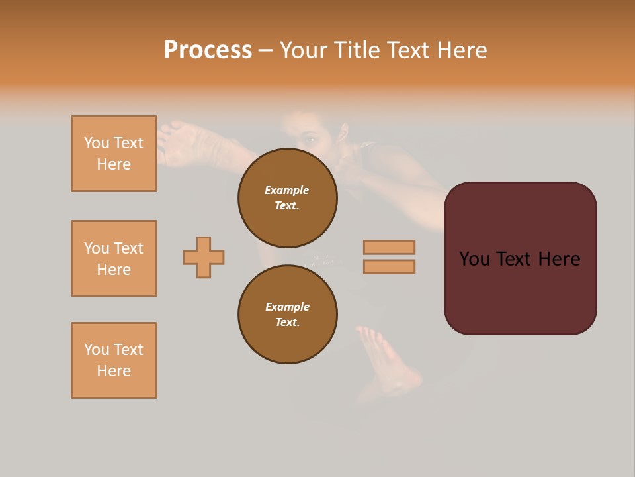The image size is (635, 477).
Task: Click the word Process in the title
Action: pos(208,50)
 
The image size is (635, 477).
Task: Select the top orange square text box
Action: pos(114,154)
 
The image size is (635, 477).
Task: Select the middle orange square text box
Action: pos(114,258)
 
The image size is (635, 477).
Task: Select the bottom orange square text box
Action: pos(114,360)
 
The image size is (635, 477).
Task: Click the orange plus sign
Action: pos(204,257)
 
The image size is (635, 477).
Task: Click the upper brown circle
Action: pos(288,198)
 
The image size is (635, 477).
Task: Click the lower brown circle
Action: pos(288,315)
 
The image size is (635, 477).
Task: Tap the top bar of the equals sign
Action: pos(389,247)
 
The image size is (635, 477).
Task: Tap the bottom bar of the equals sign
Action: pos(389,267)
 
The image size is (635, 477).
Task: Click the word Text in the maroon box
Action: pos(518,259)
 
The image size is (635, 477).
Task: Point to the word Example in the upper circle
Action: pos(286,190)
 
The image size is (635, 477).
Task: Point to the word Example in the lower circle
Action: pos(287,307)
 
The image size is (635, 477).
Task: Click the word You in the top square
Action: pos(96,143)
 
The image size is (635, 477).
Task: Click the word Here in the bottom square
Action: pos(114,371)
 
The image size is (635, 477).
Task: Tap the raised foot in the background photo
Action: pos(185,140)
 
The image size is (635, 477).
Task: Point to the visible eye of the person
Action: pos(310,140)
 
